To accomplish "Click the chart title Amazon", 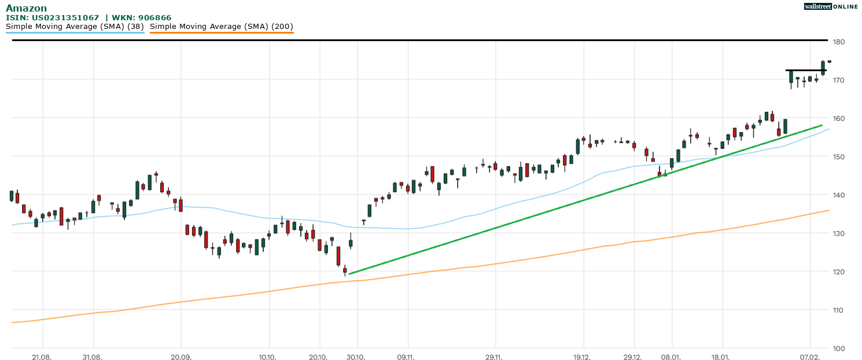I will pos(26,8).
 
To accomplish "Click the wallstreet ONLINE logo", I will pos(831,6).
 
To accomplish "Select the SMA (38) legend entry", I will pos(75,27).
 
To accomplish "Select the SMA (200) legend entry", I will pos(222,27).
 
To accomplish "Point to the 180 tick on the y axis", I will pos(839,42).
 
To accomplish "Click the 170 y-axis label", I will pos(839,80).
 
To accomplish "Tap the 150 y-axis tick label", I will pos(839,157).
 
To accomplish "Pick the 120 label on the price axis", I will pos(839,271).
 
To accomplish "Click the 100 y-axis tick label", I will pos(839,348).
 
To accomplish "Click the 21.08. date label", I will pos(42,357).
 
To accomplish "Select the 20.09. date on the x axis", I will pos(180,357).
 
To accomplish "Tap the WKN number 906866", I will pos(154,18).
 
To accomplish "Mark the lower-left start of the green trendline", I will pos(350,274).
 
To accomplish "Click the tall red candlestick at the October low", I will pos(338,256).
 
